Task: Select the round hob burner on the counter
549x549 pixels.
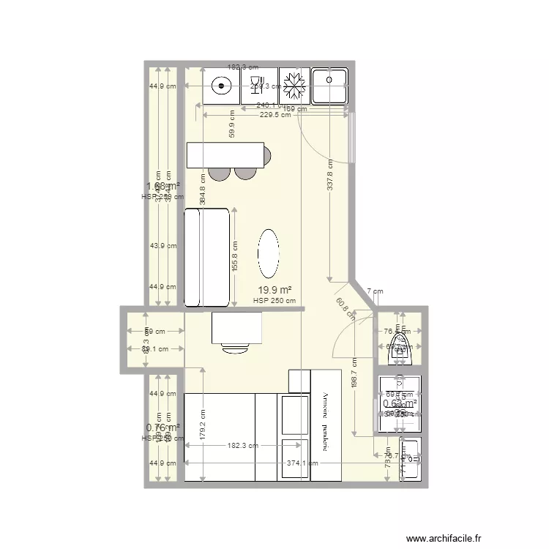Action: tap(220, 86)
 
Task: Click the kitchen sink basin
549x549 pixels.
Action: tap(330, 85)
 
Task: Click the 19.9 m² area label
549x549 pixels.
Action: tap(273, 290)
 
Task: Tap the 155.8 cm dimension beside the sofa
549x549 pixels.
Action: tap(234, 256)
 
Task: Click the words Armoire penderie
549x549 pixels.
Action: tap(326, 422)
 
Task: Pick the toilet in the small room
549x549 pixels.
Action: tap(400, 347)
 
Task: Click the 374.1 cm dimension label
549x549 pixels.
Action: tap(302, 463)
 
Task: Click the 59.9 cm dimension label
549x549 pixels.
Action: tap(231, 124)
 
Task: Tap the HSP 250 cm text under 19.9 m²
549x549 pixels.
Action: tap(274, 300)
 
